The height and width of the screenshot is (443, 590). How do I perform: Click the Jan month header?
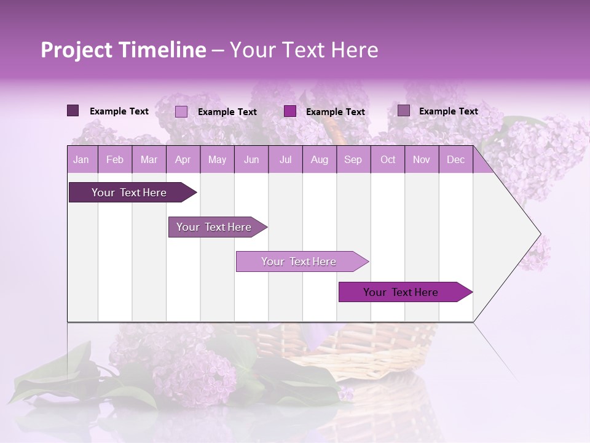pos(81,160)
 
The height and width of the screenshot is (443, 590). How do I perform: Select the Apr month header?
pos(183,160)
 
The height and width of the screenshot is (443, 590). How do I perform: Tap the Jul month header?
pos(285,160)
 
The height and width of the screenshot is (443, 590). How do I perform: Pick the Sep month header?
pos(353,160)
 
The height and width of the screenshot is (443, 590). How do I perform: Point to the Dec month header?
pos(455,160)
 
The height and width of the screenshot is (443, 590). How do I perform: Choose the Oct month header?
pos(388,160)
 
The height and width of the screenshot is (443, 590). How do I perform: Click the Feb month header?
pos(115,160)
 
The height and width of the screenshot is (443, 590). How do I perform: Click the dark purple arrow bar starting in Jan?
pos(129,193)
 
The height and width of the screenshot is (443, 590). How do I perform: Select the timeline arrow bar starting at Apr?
pos(214,227)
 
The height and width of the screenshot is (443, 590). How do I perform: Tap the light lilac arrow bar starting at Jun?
pos(299,261)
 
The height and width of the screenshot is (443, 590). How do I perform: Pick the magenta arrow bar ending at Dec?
pos(401,292)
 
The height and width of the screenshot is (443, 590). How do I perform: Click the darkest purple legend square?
pos(73,111)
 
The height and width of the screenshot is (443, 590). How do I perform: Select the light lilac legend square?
pos(181,111)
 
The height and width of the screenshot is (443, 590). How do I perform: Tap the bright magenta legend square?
pos(290,111)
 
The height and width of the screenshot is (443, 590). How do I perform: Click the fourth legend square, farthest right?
pos(404,111)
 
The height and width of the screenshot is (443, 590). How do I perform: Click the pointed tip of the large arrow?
pos(539,234)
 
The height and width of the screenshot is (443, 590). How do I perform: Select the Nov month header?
pos(422,160)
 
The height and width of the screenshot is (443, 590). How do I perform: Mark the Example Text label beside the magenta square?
pos(336,112)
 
